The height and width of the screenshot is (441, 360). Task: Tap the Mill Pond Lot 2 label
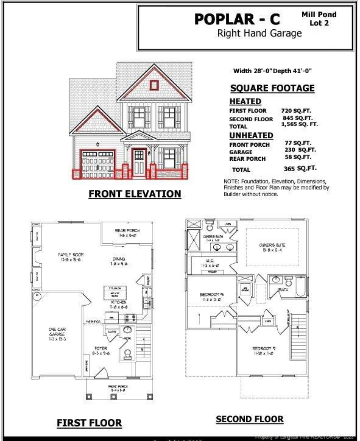pos(318,18)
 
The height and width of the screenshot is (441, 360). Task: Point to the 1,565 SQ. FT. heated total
pos(300,124)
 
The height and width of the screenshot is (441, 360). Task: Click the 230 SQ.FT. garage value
pos(300,150)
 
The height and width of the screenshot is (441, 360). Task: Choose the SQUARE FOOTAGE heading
pos(272,88)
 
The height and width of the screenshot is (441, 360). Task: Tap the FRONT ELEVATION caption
pos(135,194)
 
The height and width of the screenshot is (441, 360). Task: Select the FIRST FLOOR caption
pos(89,423)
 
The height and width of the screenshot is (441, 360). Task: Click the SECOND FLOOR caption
pos(249,419)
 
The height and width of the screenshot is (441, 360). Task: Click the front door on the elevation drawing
pos(139,162)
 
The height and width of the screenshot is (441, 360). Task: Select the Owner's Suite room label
pos(272,247)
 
